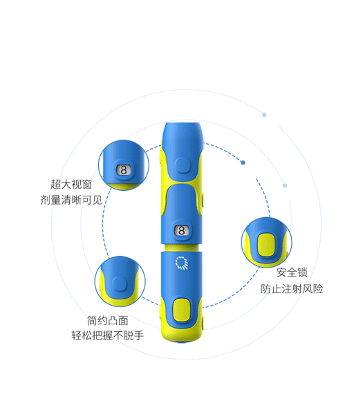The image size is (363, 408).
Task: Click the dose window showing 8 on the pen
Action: (x=181, y=230)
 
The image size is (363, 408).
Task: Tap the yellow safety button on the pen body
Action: (x=181, y=310)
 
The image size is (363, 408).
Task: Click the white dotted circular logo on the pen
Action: (x=182, y=263)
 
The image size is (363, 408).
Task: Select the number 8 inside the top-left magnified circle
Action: (x=124, y=170)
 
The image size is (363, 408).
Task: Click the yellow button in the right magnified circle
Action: (x=266, y=245)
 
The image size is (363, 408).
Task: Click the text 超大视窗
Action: (x=71, y=184)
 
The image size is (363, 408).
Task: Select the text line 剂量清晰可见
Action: (x=71, y=200)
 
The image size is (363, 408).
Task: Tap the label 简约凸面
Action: (x=107, y=320)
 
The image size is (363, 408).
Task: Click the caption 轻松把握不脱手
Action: (x=107, y=335)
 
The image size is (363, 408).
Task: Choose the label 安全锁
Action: (x=292, y=272)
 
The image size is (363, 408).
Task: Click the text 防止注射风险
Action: (x=292, y=289)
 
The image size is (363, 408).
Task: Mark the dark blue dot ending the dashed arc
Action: (x=243, y=163)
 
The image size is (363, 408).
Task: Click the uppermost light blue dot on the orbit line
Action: (x=264, y=115)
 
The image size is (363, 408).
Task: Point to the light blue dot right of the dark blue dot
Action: (x=285, y=185)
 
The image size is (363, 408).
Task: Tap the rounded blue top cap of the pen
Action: (x=182, y=136)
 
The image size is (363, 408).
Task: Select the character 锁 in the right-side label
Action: (x=302, y=272)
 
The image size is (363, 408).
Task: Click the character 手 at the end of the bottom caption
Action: (x=139, y=335)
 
